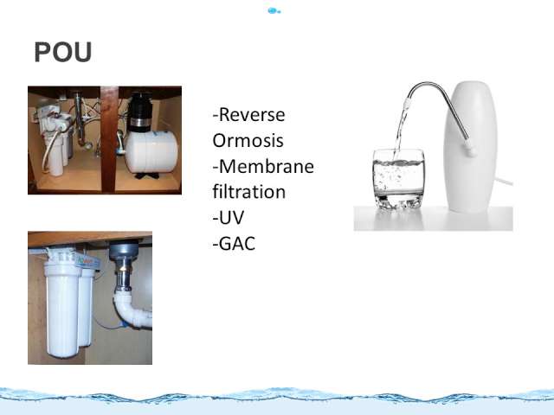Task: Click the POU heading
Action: click(x=63, y=52)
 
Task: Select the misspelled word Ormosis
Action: click(x=248, y=140)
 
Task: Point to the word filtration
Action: click(x=249, y=192)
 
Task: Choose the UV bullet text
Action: click(x=229, y=218)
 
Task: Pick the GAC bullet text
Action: click(x=234, y=244)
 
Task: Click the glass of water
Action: click(x=398, y=179)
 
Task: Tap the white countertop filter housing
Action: click(x=470, y=146)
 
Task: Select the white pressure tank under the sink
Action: click(x=151, y=151)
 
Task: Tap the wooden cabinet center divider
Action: click(x=109, y=139)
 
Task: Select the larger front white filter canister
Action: click(x=61, y=309)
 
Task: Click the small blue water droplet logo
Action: click(x=274, y=10)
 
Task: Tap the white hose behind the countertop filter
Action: click(x=503, y=181)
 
